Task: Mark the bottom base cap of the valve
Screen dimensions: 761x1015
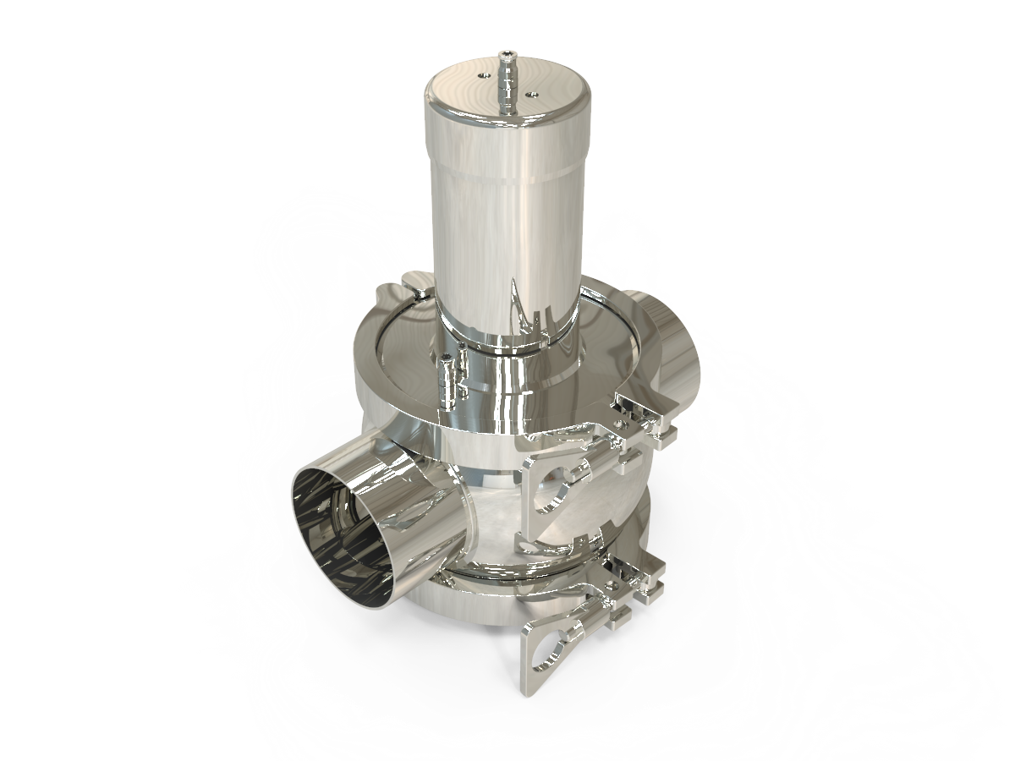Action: click(474, 617)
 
